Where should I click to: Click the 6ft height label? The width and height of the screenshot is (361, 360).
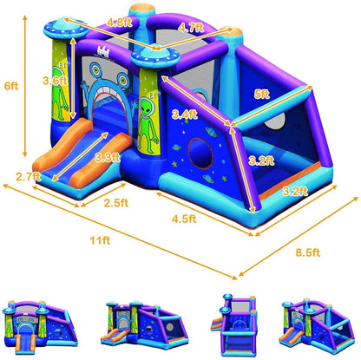[11, 86]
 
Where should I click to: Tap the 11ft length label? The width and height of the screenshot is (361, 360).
[100, 240]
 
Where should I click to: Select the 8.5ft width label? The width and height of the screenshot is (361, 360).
[308, 252]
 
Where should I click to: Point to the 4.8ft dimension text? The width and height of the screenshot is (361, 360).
[119, 23]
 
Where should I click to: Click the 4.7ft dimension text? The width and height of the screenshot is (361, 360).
[191, 27]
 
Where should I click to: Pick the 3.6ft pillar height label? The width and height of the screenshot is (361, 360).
[55, 81]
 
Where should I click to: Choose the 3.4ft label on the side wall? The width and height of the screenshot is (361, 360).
[185, 115]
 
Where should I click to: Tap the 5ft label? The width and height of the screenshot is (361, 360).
[261, 95]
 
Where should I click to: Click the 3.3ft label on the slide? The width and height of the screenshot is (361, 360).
[108, 158]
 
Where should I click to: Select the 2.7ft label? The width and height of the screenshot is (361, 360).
[28, 177]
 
